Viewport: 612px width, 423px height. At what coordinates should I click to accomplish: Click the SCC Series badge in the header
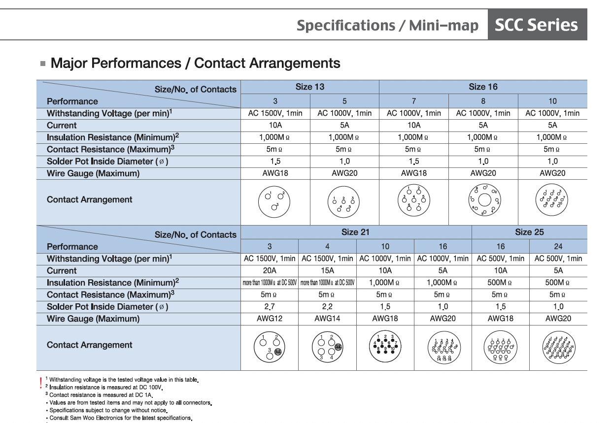(537, 25)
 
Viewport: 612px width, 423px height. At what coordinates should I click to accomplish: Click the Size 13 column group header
(310, 87)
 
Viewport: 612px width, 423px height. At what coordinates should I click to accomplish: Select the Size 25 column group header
(529, 232)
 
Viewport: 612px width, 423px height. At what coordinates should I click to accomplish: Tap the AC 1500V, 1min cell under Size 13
(275, 113)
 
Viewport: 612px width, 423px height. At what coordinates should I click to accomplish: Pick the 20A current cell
(270, 270)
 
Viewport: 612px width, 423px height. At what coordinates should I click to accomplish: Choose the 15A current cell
(327, 270)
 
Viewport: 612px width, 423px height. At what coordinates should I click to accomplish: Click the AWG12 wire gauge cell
(270, 319)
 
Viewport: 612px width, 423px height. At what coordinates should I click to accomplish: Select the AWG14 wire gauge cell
(327, 319)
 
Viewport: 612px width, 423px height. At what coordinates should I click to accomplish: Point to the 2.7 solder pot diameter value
(270, 307)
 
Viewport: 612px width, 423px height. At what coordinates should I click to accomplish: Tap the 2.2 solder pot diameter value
(327, 307)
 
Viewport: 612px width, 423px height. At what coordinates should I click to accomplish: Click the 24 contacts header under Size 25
(558, 246)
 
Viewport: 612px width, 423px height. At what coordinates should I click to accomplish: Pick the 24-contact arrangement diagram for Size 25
(558, 348)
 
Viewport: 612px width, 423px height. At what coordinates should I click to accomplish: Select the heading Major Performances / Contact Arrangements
(195, 64)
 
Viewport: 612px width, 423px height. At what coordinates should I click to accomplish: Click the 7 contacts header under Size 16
(414, 101)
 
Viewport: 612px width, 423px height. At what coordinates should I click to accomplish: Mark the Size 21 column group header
(356, 232)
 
